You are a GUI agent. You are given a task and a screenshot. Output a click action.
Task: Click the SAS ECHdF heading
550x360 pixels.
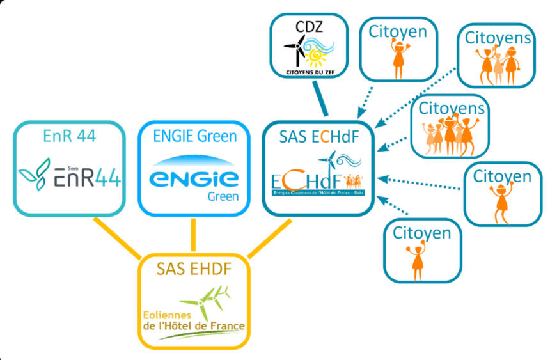(x=317, y=136)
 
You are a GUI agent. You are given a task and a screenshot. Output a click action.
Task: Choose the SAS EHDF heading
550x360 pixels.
(x=194, y=269)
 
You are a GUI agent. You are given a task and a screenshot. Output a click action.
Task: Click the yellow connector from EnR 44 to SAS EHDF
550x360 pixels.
(x=118, y=237)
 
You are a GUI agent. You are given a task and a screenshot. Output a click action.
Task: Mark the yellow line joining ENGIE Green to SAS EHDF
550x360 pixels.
(x=192, y=235)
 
